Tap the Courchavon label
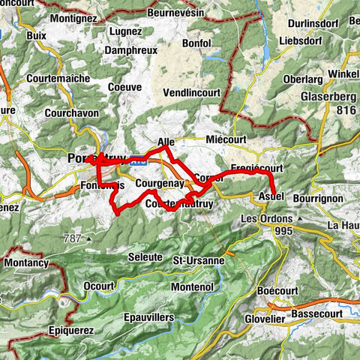pyautogui.click(x=52, y=114)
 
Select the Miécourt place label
pyautogui.click(x=225, y=139)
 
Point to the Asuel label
pyautogui.click(x=270, y=196)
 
